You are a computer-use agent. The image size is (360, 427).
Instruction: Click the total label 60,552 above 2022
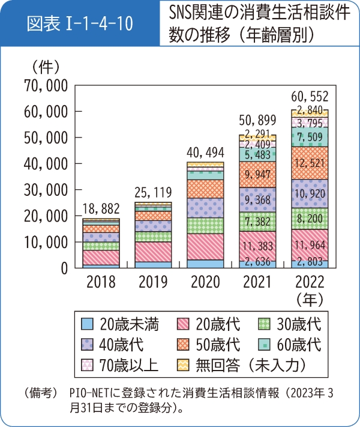310,96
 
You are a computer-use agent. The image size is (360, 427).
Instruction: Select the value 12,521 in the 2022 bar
310,163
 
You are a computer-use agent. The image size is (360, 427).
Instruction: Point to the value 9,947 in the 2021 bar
257,174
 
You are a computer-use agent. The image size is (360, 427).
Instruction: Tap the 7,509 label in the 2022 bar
310,137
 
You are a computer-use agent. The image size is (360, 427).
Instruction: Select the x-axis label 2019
152,282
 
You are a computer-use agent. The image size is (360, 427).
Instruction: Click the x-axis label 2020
205,282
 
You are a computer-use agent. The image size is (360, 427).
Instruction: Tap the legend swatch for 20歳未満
88,325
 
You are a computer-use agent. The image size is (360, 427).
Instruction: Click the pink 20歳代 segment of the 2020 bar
205,246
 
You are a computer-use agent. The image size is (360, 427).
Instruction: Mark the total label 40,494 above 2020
205,151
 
